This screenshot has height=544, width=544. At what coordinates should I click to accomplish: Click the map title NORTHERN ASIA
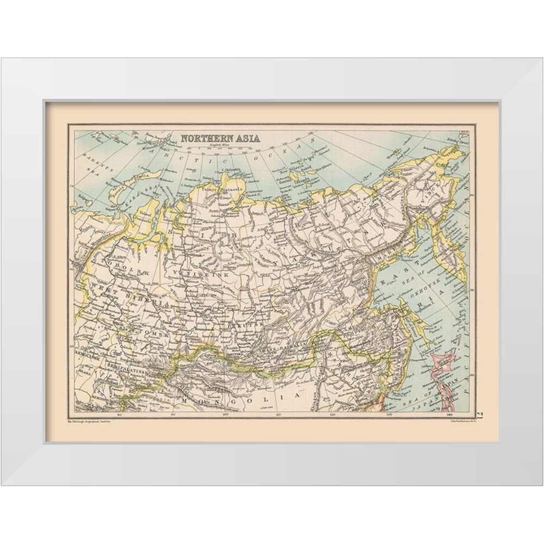point(220,138)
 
